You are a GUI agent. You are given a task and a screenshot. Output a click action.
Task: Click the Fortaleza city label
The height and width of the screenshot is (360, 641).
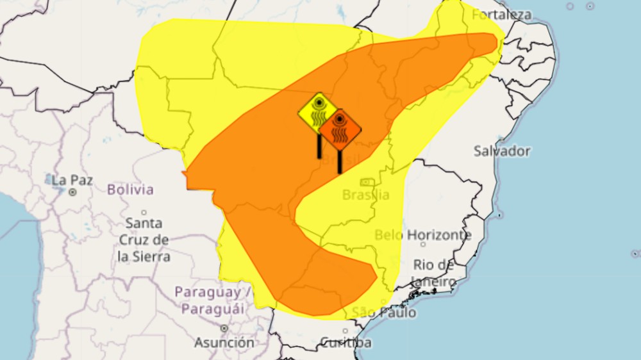pos(502,14)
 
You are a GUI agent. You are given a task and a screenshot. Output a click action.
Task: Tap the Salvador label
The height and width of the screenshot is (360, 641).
pos(502,151)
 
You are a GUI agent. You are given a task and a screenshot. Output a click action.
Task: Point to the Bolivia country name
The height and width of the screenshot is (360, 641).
pos(130,190)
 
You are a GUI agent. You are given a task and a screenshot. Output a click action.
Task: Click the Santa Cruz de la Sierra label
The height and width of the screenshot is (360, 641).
pos(144,240)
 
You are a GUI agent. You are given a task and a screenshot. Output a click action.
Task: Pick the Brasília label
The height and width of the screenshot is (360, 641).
pos(366,195)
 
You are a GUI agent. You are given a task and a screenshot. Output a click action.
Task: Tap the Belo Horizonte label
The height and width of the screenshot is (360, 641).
pos(423,235)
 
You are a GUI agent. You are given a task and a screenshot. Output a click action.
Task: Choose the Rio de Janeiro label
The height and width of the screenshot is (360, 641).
pos(434,273)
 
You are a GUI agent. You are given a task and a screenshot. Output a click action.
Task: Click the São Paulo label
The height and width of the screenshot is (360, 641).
pos(383,313)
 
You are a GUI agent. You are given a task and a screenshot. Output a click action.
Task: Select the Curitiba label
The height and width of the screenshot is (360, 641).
pos(345,343)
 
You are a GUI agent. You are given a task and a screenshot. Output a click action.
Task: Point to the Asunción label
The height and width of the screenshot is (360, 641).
pos(224,343)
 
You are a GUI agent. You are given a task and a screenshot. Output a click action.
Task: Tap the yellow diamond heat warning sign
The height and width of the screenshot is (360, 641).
pos(318,112)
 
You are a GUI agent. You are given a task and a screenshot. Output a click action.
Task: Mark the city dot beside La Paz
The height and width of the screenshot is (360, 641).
pos(72,192)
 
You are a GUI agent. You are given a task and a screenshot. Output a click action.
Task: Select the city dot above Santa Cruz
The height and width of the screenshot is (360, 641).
pos(144,212)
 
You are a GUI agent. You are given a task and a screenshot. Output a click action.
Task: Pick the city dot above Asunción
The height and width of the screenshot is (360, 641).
pos(224,328)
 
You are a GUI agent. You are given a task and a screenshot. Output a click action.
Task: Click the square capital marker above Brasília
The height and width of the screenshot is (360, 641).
pos(367,183)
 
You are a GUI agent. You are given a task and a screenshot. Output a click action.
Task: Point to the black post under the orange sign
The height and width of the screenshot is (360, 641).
pos(340,161)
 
